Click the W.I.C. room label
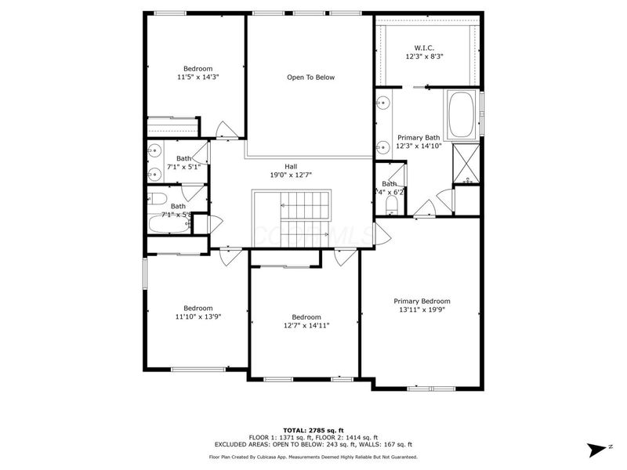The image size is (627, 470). pyautogui.click(x=424, y=47)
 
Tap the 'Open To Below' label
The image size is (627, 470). pyautogui.click(x=310, y=77)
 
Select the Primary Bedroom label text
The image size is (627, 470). pyautogui.click(x=422, y=301)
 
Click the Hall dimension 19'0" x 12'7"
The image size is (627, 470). pyautogui.click(x=291, y=175)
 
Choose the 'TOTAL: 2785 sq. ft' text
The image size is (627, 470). pyautogui.click(x=313, y=431)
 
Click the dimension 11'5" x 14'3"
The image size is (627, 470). pyautogui.click(x=198, y=78)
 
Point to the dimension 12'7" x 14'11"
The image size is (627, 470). pyautogui.click(x=306, y=325)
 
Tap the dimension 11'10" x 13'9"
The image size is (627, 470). pyautogui.click(x=198, y=316)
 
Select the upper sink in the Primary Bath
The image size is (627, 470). pyautogui.click(x=384, y=102)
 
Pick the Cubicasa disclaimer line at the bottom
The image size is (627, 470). pyautogui.click(x=313, y=457)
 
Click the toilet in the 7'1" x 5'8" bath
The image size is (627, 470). pyautogui.click(x=156, y=198)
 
